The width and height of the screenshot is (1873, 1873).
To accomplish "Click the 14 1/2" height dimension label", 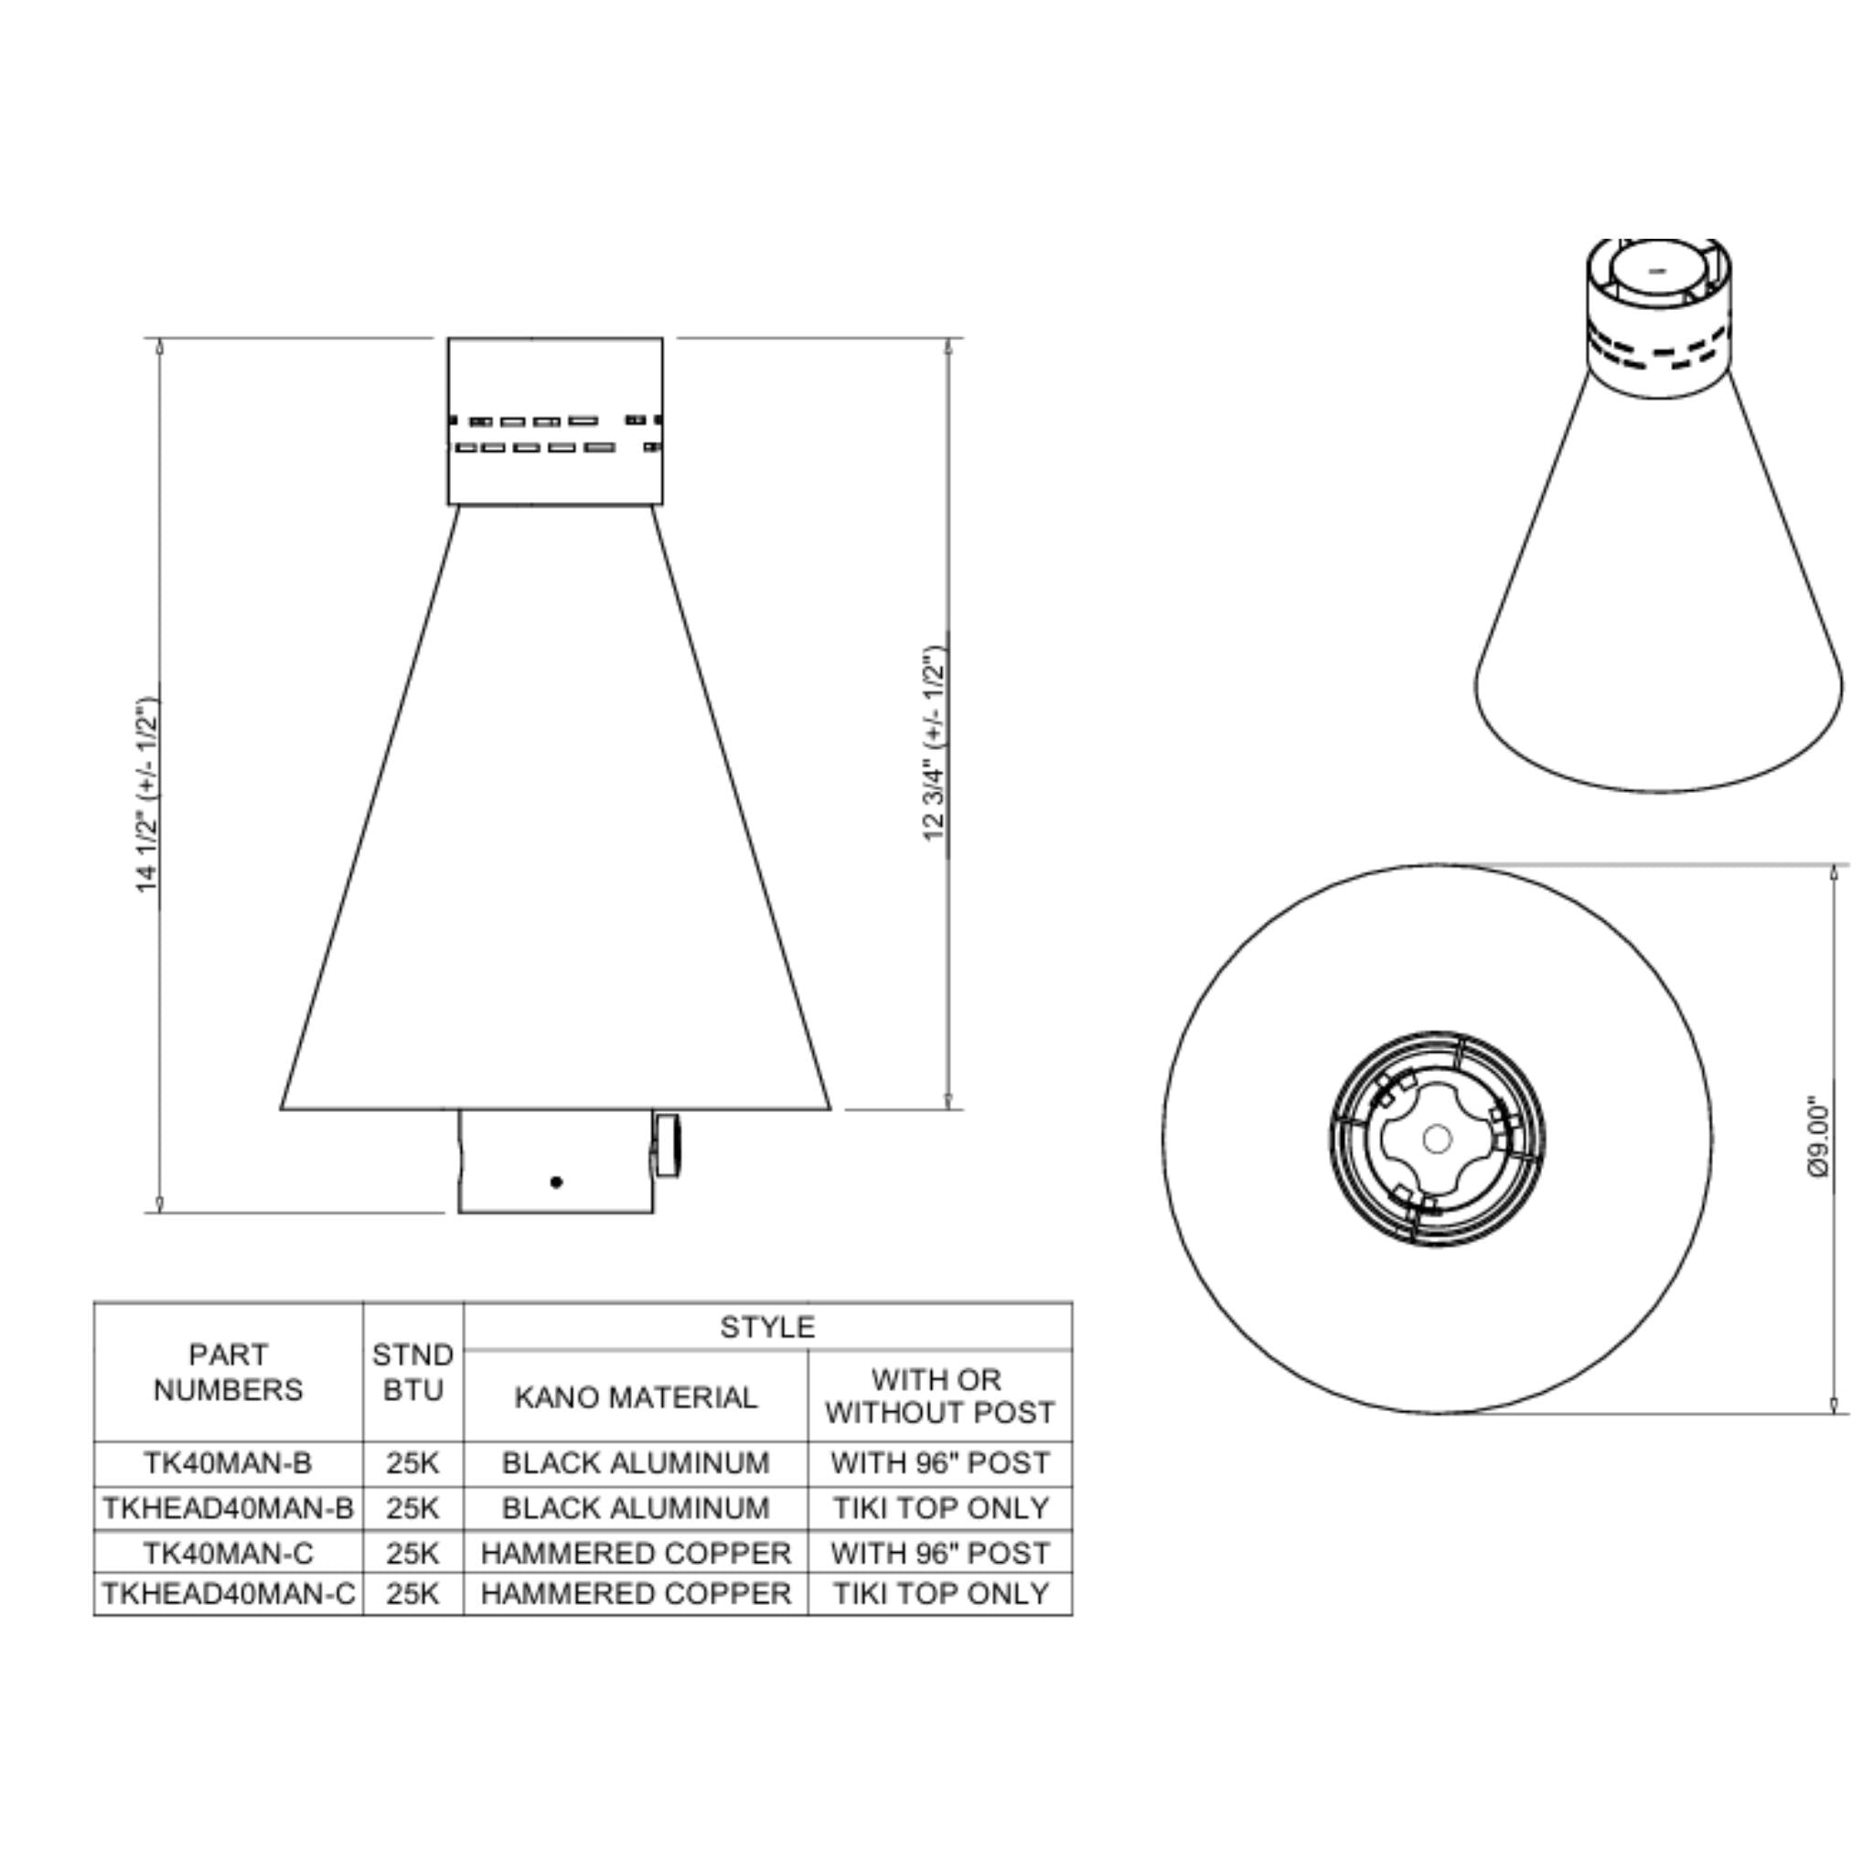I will click(x=146, y=795).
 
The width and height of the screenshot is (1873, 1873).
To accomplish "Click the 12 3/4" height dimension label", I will click(x=934, y=743).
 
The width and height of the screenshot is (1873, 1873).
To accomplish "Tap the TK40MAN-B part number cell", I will click(x=228, y=1463).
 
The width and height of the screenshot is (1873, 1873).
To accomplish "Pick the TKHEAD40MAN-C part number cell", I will click(x=229, y=1594).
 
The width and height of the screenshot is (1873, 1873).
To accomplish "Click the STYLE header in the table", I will click(x=766, y=1327).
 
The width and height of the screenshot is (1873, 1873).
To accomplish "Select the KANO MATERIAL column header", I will click(x=635, y=1397).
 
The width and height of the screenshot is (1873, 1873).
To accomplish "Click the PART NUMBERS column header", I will click(x=228, y=1372).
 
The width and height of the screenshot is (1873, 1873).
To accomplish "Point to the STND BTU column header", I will click(x=413, y=1372).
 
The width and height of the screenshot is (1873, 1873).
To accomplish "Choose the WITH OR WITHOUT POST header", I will click(x=939, y=1396).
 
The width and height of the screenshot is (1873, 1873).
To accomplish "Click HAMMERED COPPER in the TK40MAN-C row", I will click(x=636, y=1553).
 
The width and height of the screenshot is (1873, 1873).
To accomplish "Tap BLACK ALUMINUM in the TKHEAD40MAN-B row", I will click(x=636, y=1508).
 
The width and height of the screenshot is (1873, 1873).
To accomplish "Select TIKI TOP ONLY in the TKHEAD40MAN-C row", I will click(x=940, y=1594).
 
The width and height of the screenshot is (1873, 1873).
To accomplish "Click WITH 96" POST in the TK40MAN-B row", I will click(x=940, y=1463).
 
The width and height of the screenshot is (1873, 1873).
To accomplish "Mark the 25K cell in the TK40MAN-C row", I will click(x=413, y=1553).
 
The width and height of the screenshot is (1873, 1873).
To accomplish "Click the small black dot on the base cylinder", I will click(x=556, y=1182).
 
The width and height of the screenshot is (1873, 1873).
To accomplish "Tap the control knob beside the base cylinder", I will click(x=668, y=1146).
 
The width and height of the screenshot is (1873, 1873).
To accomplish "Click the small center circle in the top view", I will click(x=1437, y=1140).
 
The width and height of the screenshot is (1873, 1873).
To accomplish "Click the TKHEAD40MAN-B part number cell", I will click(x=229, y=1508).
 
